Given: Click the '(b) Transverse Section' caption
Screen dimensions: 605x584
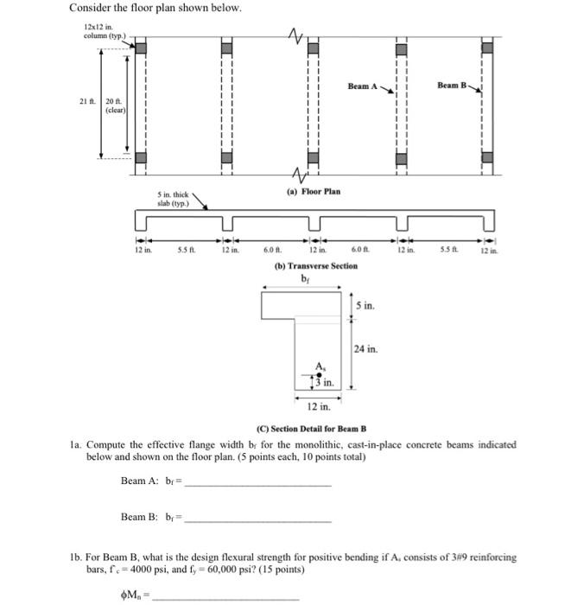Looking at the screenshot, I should click(x=315, y=265).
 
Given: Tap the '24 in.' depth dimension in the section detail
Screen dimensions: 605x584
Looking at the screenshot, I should click(x=366, y=349).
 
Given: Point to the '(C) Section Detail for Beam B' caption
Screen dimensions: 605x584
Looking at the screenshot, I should click(x=313, y=430).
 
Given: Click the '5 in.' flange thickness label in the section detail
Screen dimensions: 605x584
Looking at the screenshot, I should click(x=365, y=306).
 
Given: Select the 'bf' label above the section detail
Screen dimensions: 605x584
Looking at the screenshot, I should click(x=306, y=278).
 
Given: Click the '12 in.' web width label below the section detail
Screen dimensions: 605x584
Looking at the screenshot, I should click(x=319, y=405).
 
